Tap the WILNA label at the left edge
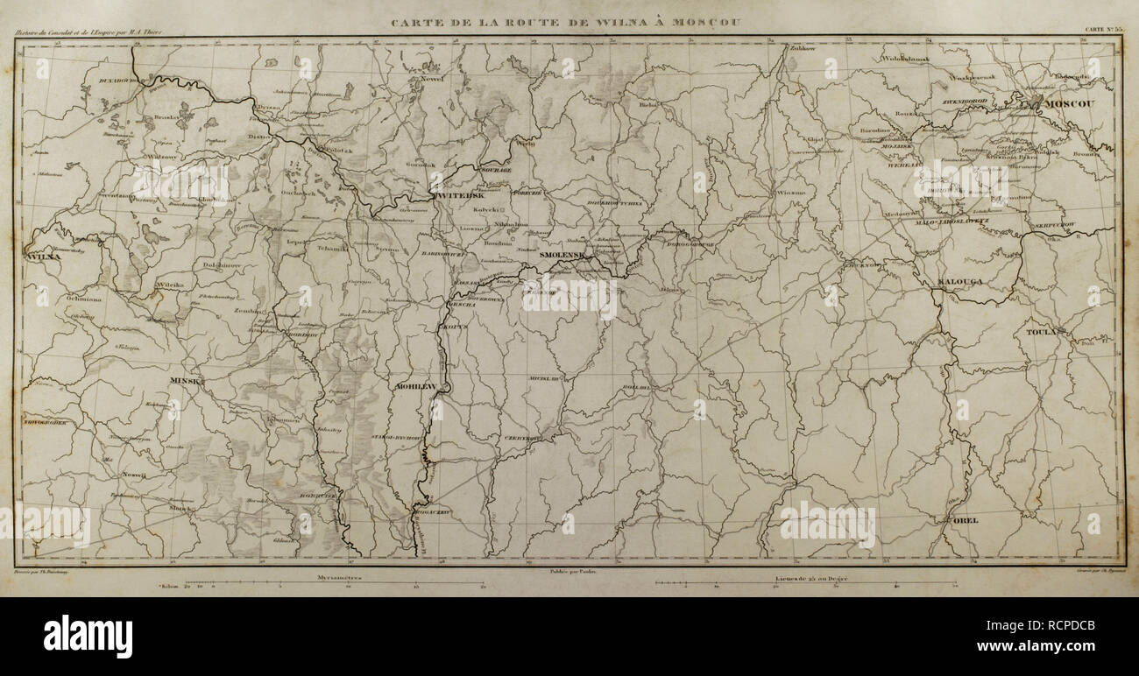click(x=41, y=257)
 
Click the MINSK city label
click(x=186, y=382)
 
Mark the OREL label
click(x=965, y=520)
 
